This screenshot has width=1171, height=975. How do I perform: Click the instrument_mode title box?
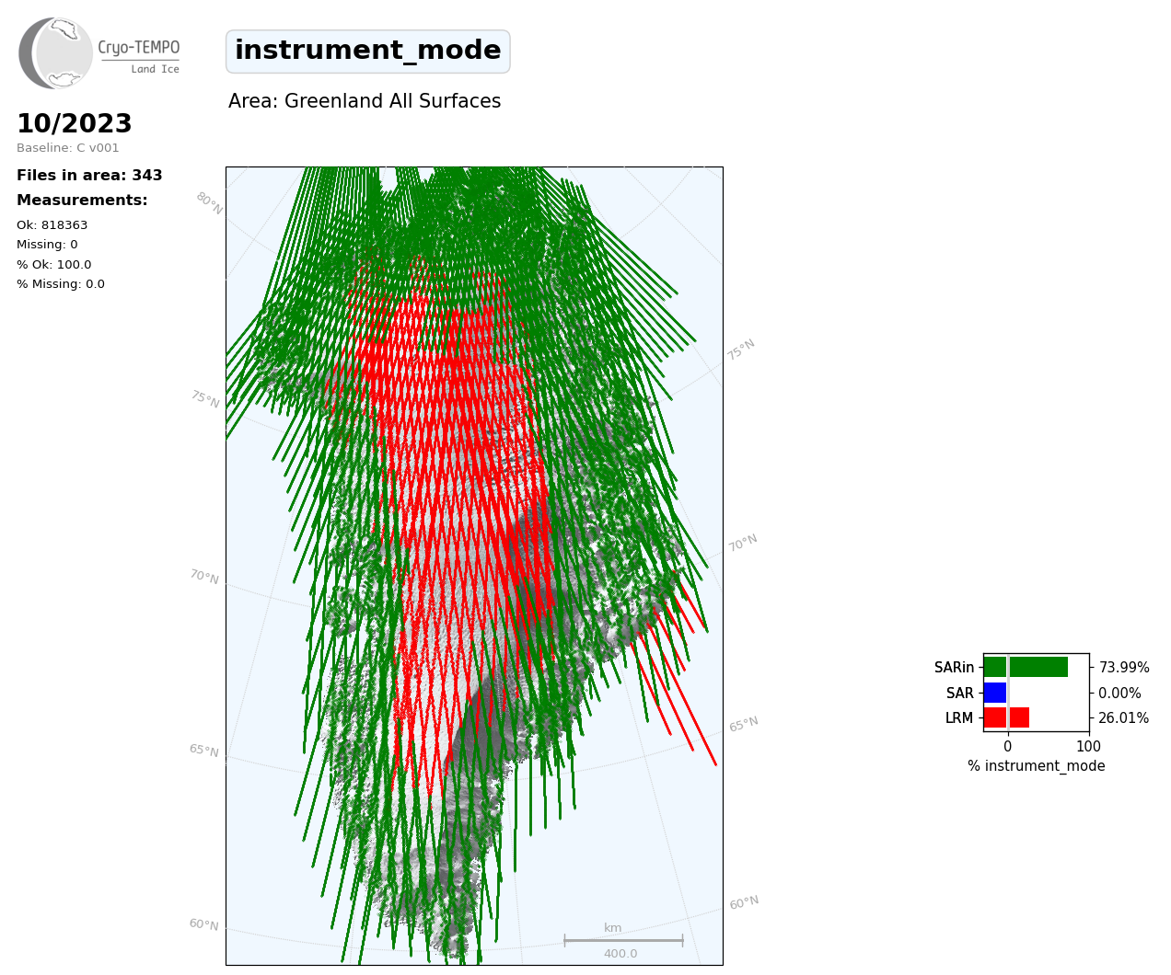367,52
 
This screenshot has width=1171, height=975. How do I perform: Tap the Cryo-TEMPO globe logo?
55,52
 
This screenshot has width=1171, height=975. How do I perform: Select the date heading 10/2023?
74,123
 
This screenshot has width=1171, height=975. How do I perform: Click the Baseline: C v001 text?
68,148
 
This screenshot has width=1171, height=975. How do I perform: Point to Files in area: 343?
89,176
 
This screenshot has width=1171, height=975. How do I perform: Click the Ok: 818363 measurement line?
52,224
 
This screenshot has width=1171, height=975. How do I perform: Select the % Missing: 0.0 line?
61,284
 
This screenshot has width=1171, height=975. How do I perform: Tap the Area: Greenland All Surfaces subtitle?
365,101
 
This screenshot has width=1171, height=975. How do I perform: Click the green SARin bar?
1026,667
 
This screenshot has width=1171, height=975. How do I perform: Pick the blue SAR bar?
995,693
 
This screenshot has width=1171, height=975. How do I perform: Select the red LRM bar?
1007,717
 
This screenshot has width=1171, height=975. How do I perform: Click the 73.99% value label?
1124,668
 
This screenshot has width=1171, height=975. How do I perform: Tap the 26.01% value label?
1123,717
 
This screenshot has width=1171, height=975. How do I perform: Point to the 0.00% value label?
1119,694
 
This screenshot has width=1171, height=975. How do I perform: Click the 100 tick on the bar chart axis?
1088,746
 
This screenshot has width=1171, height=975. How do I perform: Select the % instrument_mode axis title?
1037,766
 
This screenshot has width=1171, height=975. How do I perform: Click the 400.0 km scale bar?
623,940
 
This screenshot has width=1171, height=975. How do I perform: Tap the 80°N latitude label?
209,203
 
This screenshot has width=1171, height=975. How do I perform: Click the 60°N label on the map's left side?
203,924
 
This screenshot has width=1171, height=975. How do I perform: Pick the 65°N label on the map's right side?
744,724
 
